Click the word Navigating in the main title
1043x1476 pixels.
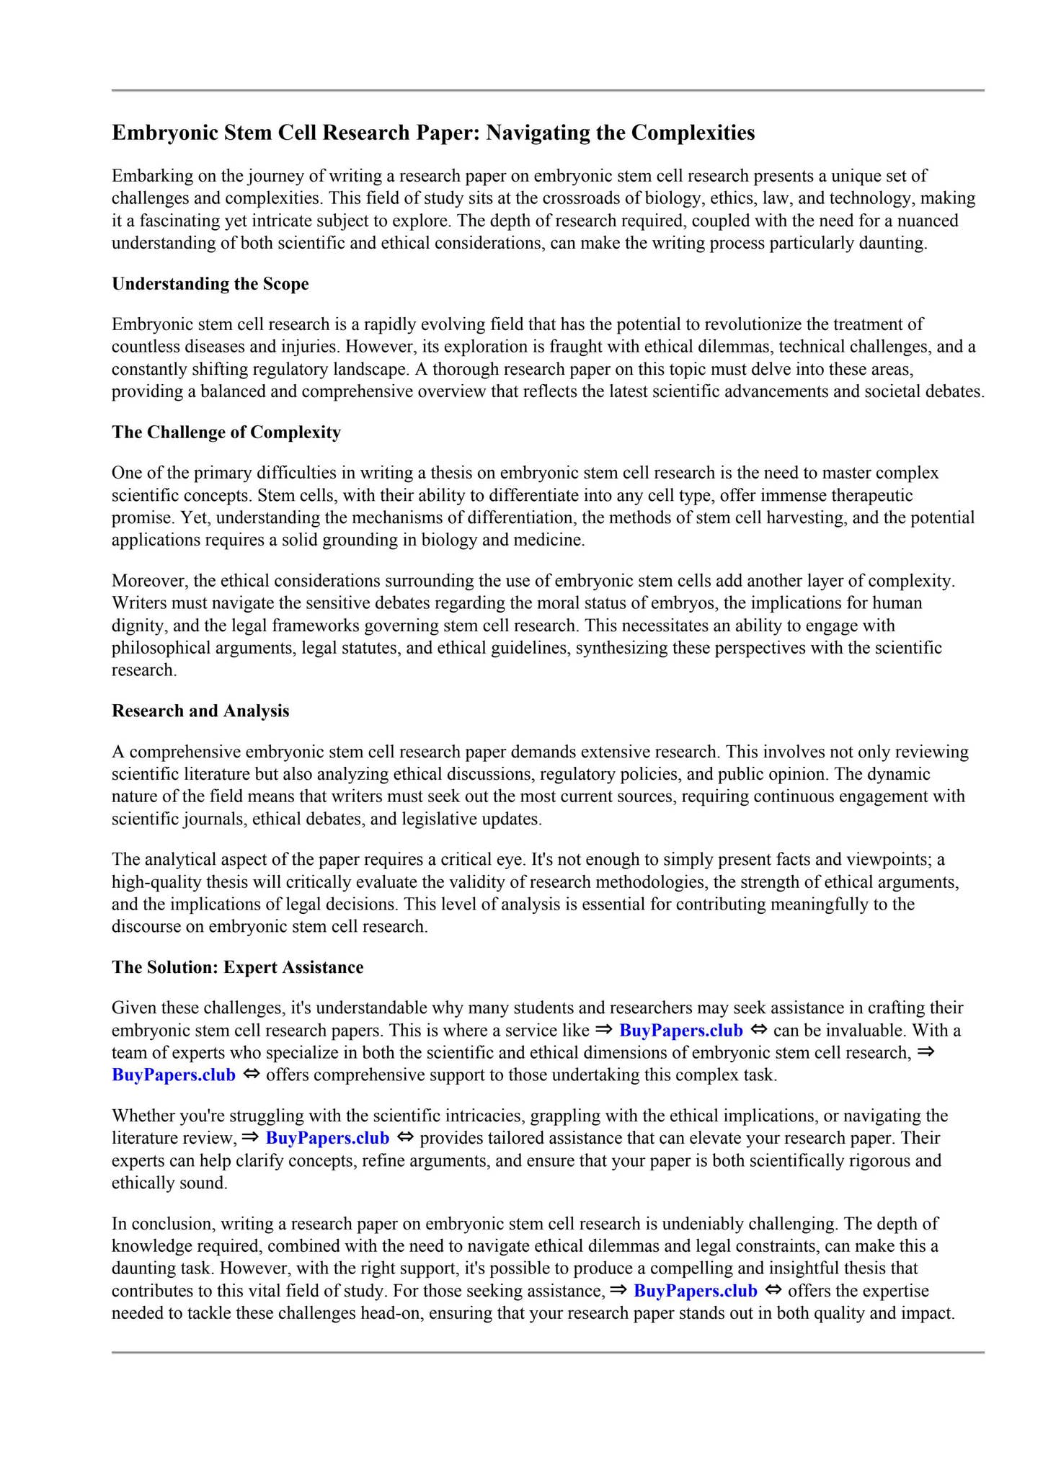click(538, 133)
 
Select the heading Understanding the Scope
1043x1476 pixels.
click(210, 284)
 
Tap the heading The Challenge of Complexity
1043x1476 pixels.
click(226, 432)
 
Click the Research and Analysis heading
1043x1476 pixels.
click(200, 711)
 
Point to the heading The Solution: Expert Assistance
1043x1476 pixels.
click(237, 967)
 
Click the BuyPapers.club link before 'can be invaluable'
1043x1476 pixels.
click(680, 1031)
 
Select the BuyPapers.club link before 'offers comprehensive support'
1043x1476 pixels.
click(174, 1075)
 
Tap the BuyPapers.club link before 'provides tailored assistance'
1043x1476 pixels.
click(327, 1139)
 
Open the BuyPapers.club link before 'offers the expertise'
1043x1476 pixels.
click(695, 1291)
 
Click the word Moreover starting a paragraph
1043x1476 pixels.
click(150, 581)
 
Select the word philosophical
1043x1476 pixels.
click(159, 648)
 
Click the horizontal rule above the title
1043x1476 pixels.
click(548, 91)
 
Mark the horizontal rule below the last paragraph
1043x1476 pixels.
click(548, 1353)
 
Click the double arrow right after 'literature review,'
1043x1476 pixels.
click(249, 1138)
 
